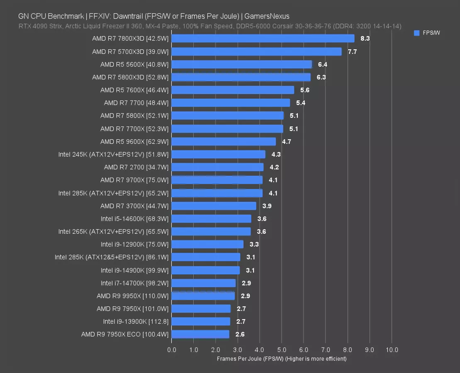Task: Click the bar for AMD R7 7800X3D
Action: click(x=263, y=39)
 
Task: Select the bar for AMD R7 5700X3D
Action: click(x=256, y=51)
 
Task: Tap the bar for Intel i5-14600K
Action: click(x=211, y=219)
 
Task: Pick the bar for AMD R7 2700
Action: click(x=217, y=167)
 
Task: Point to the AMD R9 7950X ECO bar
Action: click(x=200, y=334)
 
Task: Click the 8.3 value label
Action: click(x=365, y=39)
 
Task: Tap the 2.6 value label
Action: click(x=240, y=334)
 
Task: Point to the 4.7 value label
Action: click(x=286, y=142)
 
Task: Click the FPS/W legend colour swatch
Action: click(x=417, y=33)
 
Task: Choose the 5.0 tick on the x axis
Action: click(x=282, y=350)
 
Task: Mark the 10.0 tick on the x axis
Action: click(x=392, y=350)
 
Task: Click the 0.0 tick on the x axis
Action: click(x=172, y=350)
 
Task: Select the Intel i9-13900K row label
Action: click(x=136, y=322)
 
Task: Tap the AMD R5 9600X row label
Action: click(x=134, y=142)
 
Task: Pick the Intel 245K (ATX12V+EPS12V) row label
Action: click(x=113, y=155)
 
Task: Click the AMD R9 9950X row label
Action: click(x=133, y=296)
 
